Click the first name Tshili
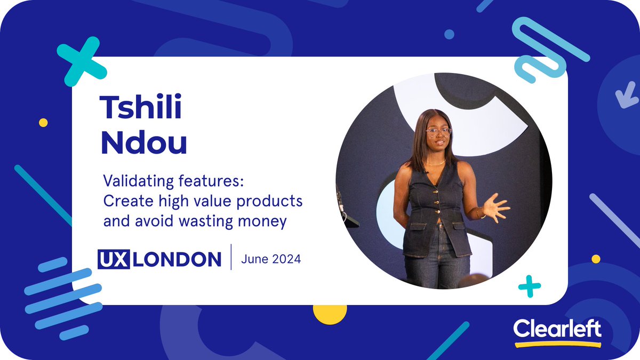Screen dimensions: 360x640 click(x=141, y=109)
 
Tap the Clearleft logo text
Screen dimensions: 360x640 click(x=557, y=329)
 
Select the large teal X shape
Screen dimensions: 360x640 click(x=81, y=61)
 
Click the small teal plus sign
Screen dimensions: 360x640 click(x=530, y=286)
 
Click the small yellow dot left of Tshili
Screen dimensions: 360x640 click(x=43, y=123)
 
